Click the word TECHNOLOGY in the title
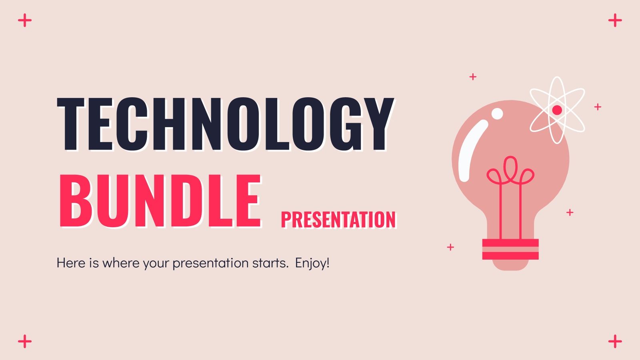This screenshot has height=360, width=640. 225,124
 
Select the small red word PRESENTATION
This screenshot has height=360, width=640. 338,220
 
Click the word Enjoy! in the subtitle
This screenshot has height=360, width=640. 312,263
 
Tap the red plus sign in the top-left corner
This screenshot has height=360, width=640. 25,20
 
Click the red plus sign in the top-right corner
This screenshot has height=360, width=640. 615,20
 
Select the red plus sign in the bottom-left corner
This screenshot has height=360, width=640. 25,342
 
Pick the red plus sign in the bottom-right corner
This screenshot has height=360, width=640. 615,342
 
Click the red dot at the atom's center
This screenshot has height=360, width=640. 557,110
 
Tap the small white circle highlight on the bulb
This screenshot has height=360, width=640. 497,114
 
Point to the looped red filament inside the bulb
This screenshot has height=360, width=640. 510,172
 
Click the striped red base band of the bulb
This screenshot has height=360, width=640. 510,249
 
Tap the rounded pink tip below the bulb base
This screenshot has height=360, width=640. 510,265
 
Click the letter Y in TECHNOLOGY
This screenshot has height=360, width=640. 375,124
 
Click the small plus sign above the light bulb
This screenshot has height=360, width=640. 473,76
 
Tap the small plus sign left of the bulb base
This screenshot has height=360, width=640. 450,247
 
